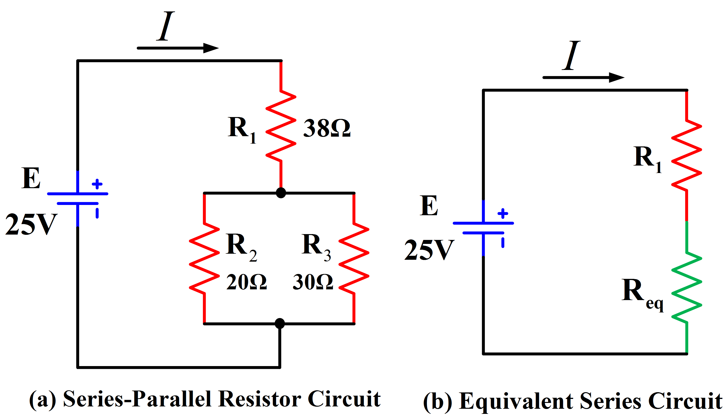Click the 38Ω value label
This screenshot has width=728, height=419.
(x=327, y=128)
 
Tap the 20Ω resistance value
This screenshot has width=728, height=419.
(x=246, y=282)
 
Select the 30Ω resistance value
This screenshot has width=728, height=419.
(x=313, y=282)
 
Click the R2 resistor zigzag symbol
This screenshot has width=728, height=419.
(x=204, y=258)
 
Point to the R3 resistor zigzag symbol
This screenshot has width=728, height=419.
(x=354, y=258)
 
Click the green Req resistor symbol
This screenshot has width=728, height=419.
(x=686, y=287)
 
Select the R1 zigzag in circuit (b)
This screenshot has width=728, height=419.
(x=686, y=155)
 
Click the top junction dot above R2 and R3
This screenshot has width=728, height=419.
(x=281, y=193)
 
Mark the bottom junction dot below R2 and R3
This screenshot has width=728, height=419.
(x=280, y=323)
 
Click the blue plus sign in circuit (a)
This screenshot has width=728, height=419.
(x=97, y=184)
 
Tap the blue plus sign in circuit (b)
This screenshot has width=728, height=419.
(x=503, y=214)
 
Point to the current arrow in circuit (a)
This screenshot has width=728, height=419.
(x=178, y=48)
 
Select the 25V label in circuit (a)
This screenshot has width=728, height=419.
(x=31, y=225)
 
